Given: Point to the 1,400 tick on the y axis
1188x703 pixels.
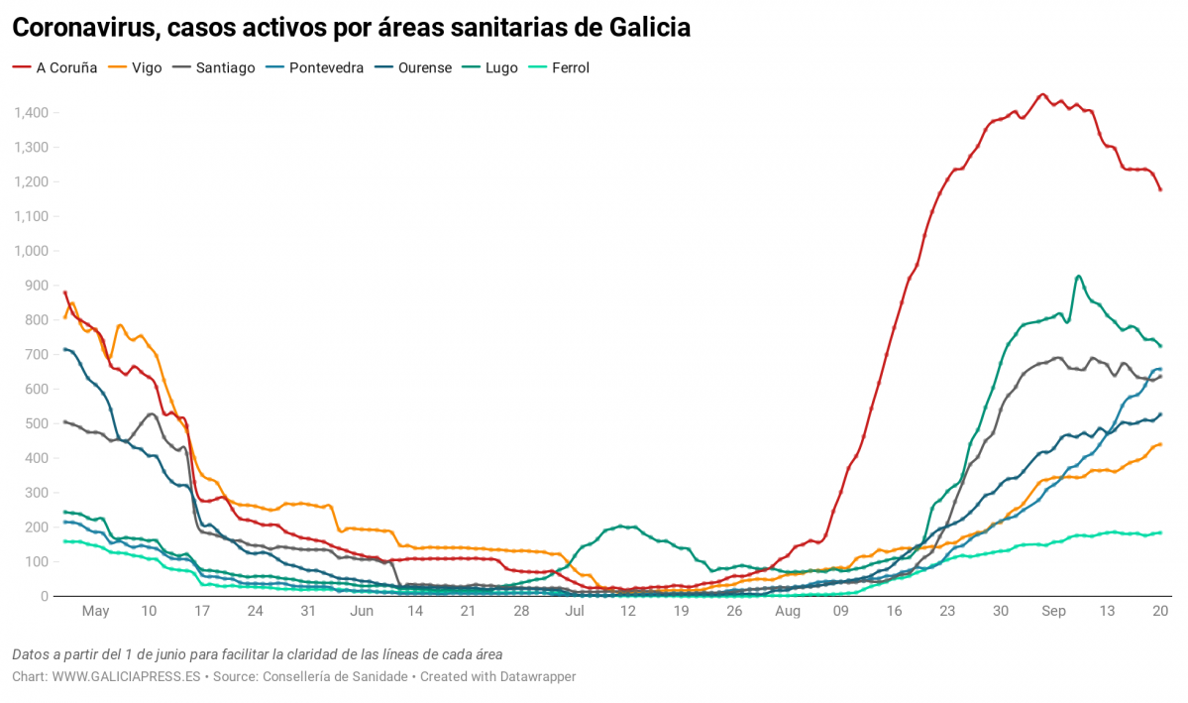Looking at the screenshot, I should (31, 113).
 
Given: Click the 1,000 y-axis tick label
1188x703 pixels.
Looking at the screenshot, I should (31, 251).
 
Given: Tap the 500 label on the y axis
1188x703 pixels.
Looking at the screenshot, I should (37, 423).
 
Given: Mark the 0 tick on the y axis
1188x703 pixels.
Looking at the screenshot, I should (45, 596).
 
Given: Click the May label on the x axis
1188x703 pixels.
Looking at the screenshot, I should (95, 612).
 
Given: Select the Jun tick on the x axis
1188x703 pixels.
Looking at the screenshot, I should (362, 612).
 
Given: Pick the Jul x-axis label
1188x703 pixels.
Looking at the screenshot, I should (575, 612).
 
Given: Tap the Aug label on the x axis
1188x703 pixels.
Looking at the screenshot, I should (788, 612).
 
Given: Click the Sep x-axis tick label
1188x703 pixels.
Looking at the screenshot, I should (1053, 612).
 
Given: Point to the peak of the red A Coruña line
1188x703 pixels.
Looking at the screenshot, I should (1041, 94).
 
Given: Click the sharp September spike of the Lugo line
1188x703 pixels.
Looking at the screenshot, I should (1078, 277).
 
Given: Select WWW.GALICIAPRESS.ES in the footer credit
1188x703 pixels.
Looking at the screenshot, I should (126, 676).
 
